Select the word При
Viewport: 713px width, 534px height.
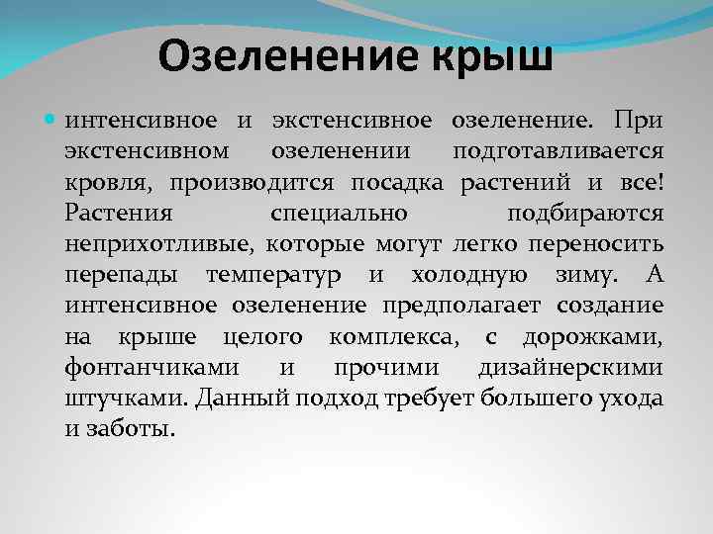638,122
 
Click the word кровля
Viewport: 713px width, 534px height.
108,183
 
